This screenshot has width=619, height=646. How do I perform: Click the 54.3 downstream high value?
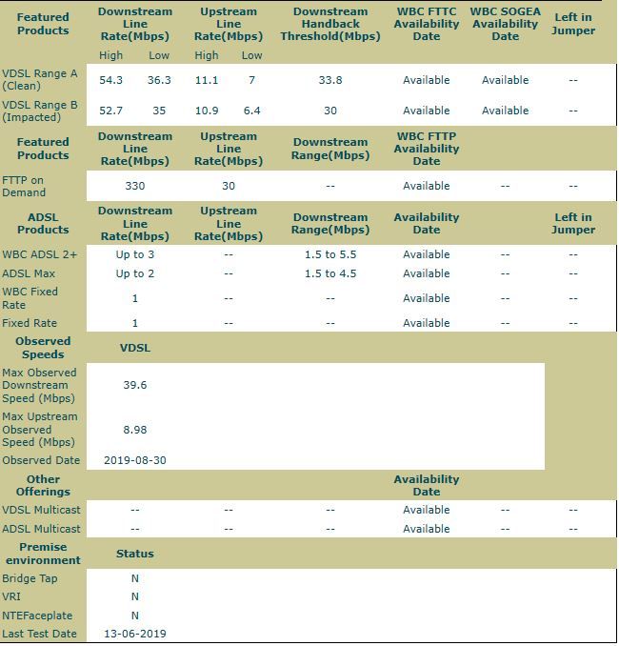tap(111, 80)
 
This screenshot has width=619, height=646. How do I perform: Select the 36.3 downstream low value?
tap(159, 80)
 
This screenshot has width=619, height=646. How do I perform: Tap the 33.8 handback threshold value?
tap(329, 80)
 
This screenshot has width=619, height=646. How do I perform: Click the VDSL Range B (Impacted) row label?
tap(40, 111)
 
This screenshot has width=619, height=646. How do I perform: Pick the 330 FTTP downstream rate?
tap(135, 186)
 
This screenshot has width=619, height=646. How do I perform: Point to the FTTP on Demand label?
tap(25, 186)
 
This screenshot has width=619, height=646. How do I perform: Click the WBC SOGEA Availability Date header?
tap(505, 24)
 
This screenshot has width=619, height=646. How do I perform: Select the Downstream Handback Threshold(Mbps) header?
tap(329, 24)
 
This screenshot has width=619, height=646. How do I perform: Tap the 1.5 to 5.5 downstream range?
tap(329, 254)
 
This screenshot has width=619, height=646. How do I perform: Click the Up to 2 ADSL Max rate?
tap(135, 273)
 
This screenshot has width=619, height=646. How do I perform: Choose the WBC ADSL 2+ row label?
tap(40, 254)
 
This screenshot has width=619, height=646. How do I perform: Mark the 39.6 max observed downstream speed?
tap(135, 386)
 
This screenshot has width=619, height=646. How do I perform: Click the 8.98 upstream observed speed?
tap(135, 430)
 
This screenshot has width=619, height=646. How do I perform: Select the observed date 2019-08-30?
tap(135, 460)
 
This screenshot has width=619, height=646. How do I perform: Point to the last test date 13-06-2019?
tap(135, 634)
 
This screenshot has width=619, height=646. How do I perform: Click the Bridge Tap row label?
tap(30, 578)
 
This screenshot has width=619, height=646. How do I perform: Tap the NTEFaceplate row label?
tap(37, 616)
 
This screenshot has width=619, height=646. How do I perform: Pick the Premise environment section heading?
tap(43, 554)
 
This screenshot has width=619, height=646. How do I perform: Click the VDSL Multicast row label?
tap(41, 510)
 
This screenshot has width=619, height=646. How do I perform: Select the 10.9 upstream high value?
tap(207, 111)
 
